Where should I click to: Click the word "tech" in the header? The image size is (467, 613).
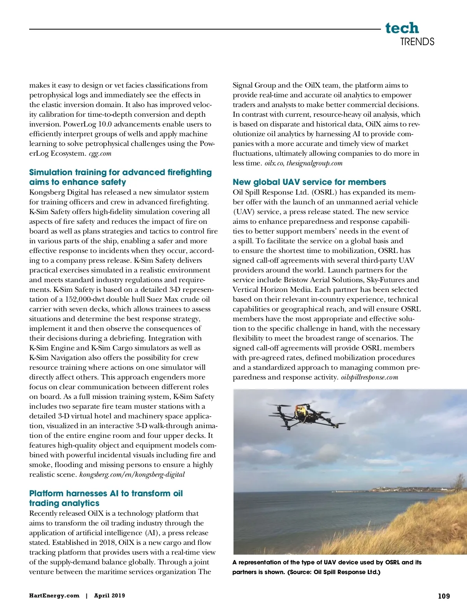tap(402, 28)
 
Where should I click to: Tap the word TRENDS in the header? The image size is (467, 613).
tap(417, 42)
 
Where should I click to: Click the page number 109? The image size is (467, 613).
tap(444, 596)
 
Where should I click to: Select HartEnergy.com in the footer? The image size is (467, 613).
tap(54, 595)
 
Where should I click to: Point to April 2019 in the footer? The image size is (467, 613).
tap(109, 595)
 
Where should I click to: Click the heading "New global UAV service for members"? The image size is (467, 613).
tap(309, 182)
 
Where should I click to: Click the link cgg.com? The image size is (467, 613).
tap(100, 153)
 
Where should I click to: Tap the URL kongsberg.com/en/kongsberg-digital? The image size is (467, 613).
tap(132, 474)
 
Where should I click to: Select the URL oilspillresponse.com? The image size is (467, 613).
tap(369, 377)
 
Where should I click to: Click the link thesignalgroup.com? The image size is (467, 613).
tap(314, 163)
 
